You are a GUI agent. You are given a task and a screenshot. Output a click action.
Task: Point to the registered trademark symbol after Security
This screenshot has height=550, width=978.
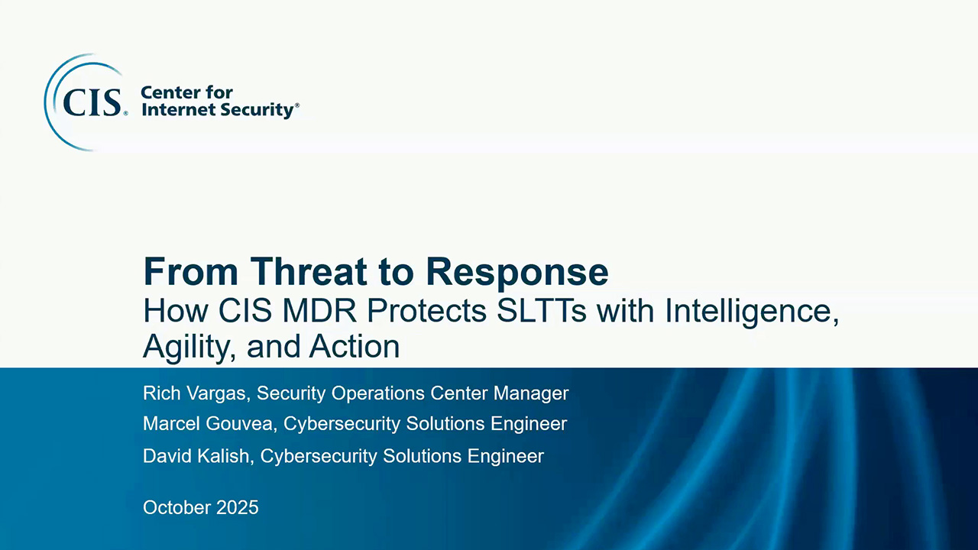(296, 107)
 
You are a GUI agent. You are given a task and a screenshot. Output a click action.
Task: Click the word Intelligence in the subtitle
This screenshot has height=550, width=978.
(753, 312)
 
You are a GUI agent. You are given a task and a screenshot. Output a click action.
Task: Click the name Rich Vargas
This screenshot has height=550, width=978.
(195, 393)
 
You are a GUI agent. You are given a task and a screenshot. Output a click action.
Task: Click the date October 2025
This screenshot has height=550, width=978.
(201, 507)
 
